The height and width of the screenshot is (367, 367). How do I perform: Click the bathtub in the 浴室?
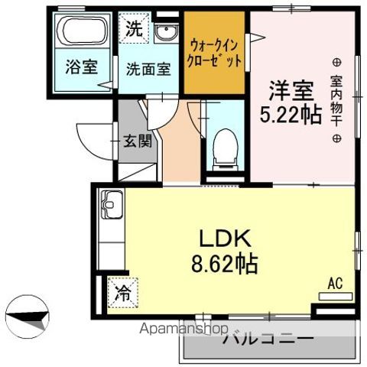click(x=84, y=31)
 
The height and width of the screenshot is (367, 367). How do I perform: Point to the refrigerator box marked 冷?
click(x=122, y=291)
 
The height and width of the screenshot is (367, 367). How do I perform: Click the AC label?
click(x=335, y=283)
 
